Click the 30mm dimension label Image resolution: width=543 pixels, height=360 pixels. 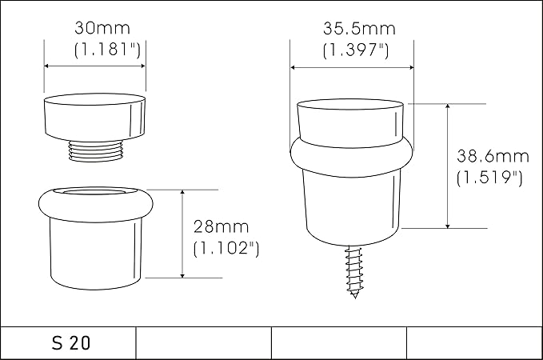[102, 28]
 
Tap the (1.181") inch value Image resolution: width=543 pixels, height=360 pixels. [108, 50]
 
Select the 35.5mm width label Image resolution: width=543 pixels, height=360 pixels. [359, 29]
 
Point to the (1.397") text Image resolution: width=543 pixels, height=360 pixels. [356, 50]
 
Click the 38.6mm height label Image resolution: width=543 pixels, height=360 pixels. [493, 156]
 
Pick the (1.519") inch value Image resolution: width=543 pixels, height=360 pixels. [489, 178]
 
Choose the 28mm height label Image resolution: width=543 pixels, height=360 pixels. [221, 227]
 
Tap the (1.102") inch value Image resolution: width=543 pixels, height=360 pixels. [226, 249]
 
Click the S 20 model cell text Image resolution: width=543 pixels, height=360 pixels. [71, 343]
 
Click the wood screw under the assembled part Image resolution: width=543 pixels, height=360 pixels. [354, 272]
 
